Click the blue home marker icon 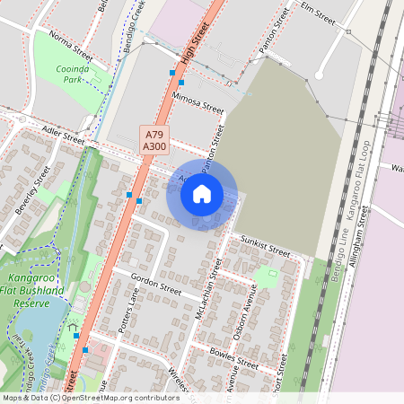[202, 193]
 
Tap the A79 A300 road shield [154, 139]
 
